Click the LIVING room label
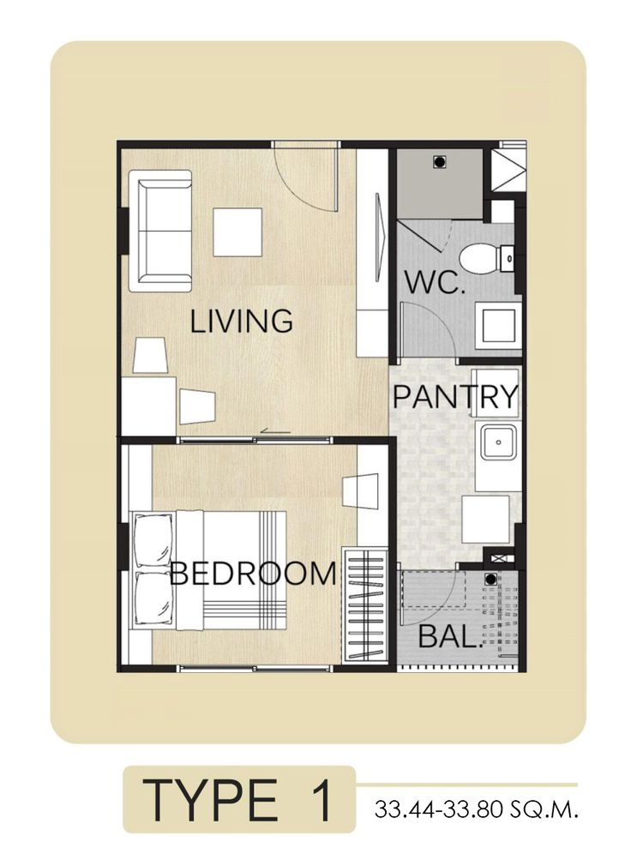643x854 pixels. tap(241, 321)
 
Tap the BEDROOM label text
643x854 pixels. tap(253, 574)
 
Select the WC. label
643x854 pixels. tap(434, 282)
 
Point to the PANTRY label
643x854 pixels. tap(455, 396)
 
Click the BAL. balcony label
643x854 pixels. tap(451, 636)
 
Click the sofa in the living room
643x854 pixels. tap(160, 231)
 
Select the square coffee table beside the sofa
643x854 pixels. tap(237, 232)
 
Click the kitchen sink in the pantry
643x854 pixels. tap(497, 442)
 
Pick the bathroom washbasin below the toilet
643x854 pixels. tap(497, 326)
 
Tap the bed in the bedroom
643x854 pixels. tap(208, 570)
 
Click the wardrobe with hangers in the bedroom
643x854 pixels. tap(364, 605)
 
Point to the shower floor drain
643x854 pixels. tap(439, 162)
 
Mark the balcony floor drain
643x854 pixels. tap(491, 580)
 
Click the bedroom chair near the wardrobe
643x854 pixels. tap(360, 490)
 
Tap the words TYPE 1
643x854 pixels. tap(238, 800)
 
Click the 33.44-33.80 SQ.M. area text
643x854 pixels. tap(475, 809)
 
